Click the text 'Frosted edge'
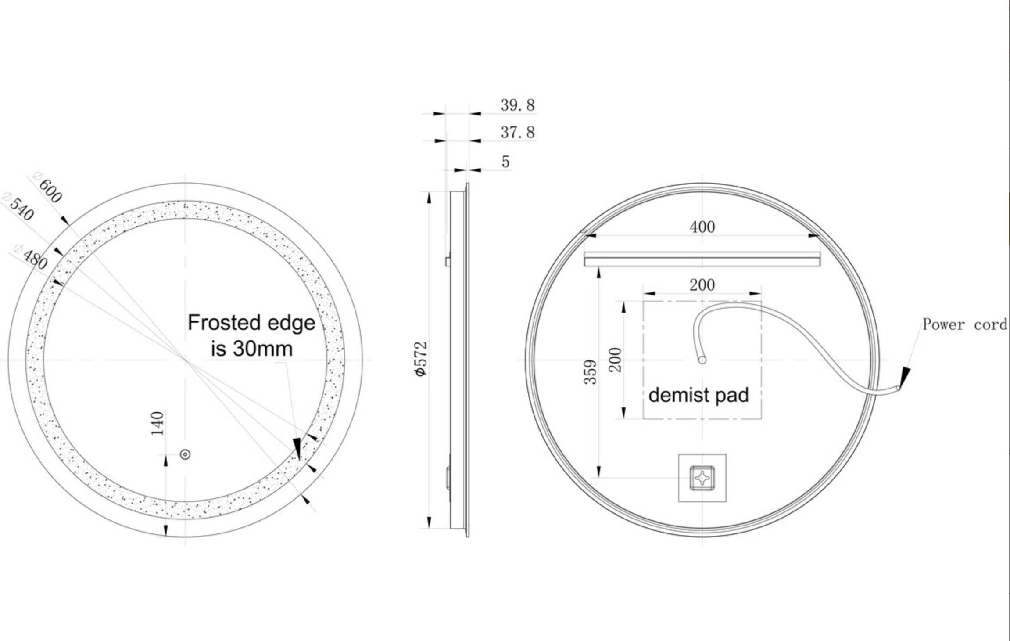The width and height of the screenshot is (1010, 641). pyautogui.click(x=251, y=323)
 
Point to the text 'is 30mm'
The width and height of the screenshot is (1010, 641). pyautogui.click(x=251, y=349)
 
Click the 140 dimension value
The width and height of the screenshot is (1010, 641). pyautogui.click(x=157, y=423)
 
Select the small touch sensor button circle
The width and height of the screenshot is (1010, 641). pyautogui.click(x=186, y=454)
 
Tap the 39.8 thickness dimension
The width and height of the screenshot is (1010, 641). pyautogui.click(x=517, y=105)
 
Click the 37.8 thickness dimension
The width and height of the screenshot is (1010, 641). pyautogui.click(x=517, y=132)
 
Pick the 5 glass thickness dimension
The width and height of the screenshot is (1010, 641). pyautogui.click(x=505, y=162)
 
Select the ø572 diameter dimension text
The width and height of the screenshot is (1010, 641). pyautogui.click(x=420, y=359)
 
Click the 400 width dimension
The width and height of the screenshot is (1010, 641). pyautogui.click(x=702, y=227)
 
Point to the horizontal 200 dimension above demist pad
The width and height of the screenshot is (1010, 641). pyautogui.click(x=702, y=285)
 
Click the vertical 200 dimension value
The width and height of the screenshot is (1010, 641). pyautogui.click(x=616, y=360)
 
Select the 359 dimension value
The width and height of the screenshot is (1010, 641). pyautogui.click(x=591, y=371)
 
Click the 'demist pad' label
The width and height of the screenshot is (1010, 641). pyautogui.click(x=698, y=395)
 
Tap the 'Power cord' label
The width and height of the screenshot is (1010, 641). pyautogui.click(x=964, y=324)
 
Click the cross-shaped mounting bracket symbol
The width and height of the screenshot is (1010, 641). pyautogui.click(x=702, y=478)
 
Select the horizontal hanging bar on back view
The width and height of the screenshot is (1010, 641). pyautogui.click(x=702, y=259)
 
